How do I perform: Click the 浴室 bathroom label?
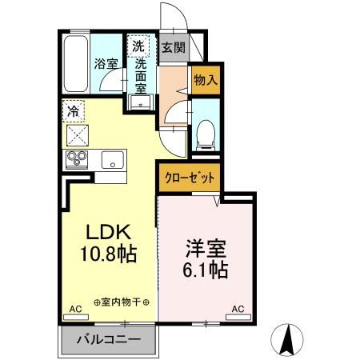[106, 63]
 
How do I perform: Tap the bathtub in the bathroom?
[76, 64]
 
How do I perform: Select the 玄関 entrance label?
[173, 47]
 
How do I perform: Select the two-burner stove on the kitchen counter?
[78, 158]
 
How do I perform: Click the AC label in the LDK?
[75, 308]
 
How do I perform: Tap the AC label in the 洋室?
[238, 308]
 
